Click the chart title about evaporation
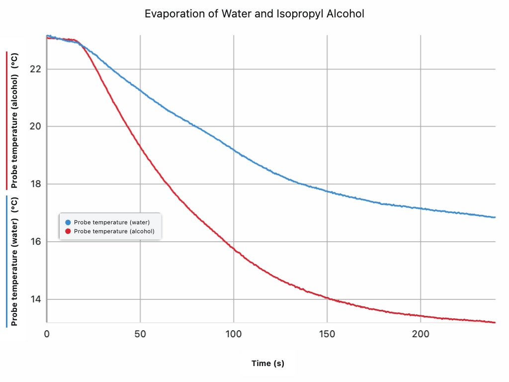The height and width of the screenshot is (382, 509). coord(254,14)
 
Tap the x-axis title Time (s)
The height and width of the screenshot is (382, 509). coord(268,364)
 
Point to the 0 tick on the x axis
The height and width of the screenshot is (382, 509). coord(47,334)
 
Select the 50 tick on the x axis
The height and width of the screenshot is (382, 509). coord(140,334)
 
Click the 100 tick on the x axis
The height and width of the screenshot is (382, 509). coord(234,334)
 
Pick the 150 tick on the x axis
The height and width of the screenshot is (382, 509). coord(327,334)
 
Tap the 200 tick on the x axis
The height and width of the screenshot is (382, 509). coord(421,334)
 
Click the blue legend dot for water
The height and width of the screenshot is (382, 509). coord(68,222)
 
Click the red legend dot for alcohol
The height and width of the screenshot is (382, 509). coord(68,231)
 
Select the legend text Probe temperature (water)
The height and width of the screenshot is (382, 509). coord(112,222)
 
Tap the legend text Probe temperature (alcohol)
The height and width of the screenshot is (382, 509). coord(114,231)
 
